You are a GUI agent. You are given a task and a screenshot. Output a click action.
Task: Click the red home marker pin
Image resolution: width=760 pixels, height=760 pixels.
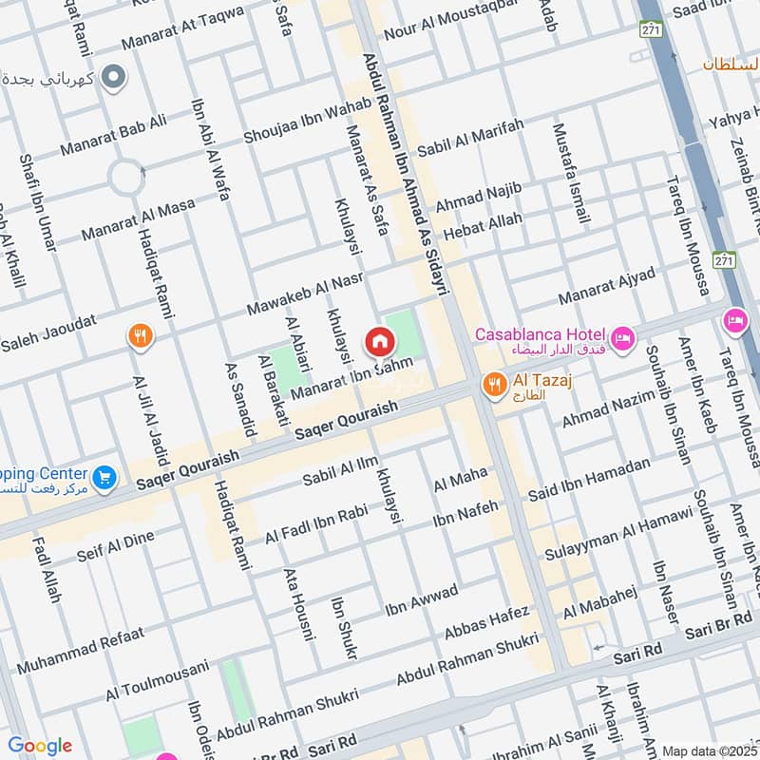pyautogui.click(x=379, y=341)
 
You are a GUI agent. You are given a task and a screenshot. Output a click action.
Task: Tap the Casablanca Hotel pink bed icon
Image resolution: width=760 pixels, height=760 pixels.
pyautogui.click(x=623, y=337)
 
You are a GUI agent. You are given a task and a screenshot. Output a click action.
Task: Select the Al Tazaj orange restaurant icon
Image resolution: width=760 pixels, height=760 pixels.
pyautogui.click(x=493, y=385)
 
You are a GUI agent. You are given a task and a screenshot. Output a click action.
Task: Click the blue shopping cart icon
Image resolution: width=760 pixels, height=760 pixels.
pyautogui.click(x=105, y=476)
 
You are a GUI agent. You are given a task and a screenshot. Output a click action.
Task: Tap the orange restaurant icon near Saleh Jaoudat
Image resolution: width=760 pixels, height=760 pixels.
pyautogui.click(x=141, y=335)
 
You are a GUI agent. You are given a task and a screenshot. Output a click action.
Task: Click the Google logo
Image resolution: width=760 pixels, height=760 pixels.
pyautogui.click(x=40, y=746)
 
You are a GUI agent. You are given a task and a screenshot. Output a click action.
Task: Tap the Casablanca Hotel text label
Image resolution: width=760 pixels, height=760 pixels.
pyautogui.click(x=540, y=333)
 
